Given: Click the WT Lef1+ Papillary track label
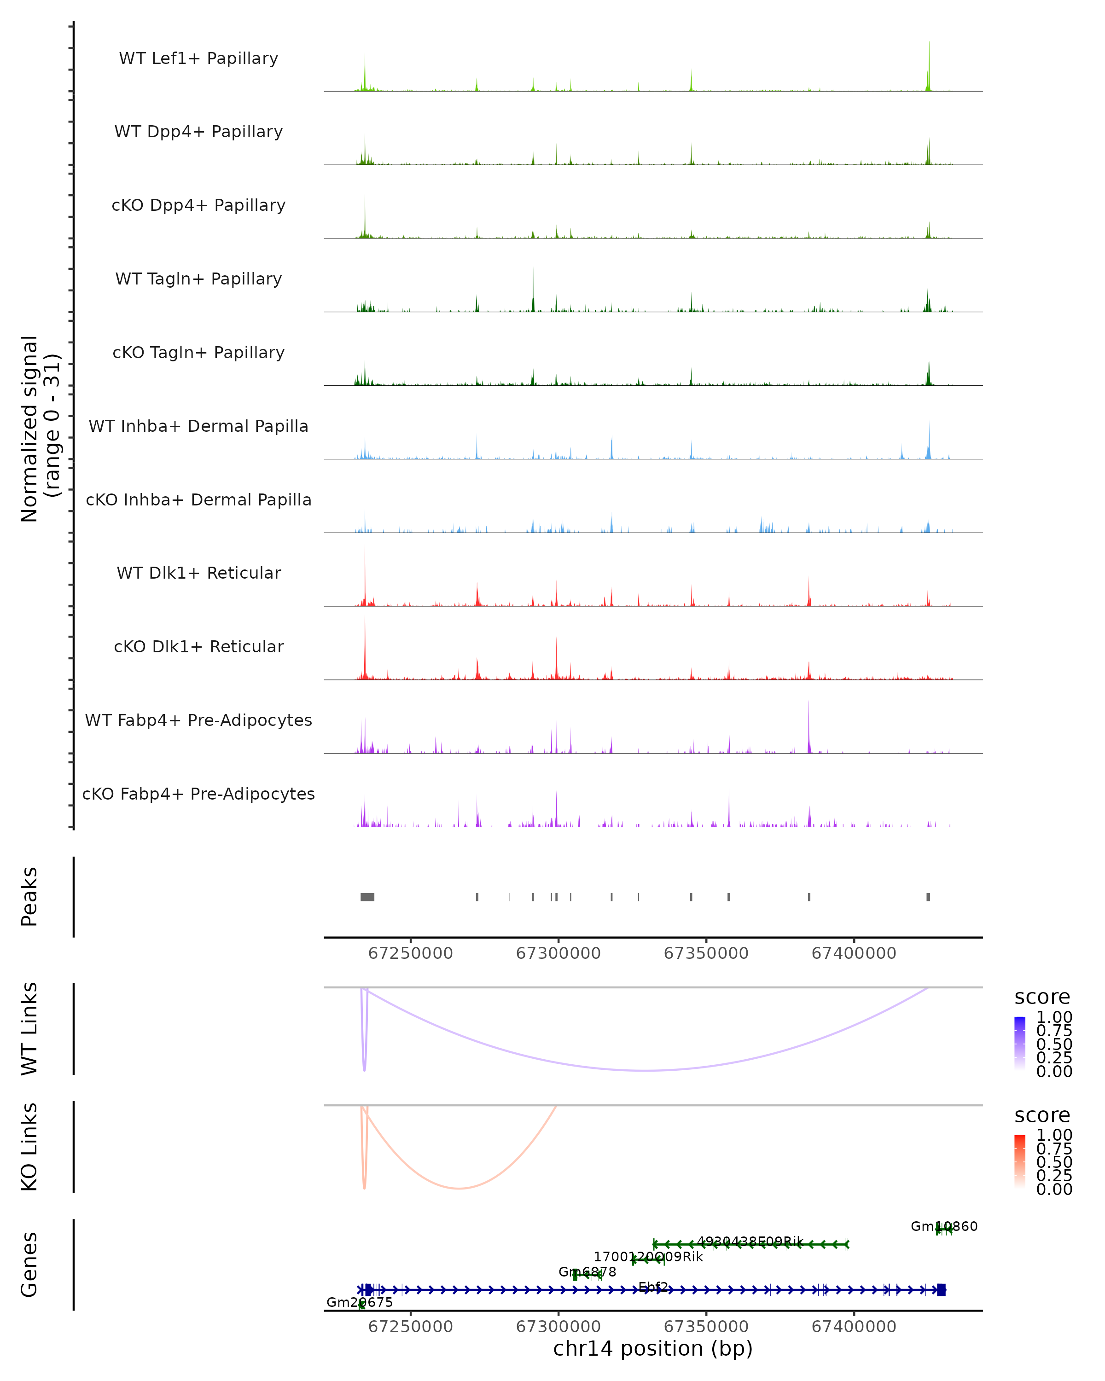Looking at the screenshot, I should coord(198,58).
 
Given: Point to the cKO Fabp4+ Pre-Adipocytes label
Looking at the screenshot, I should coord(198,794).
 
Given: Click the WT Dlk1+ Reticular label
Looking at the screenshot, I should coord(198,573).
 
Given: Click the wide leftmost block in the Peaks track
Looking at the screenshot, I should coord(367,897).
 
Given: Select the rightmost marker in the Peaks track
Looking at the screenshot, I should coord(928,897).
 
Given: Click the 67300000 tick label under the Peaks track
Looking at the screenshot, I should coord(558,953).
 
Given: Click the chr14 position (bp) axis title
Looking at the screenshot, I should coord(653,1349).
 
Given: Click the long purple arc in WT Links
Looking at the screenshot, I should coord(647,1070).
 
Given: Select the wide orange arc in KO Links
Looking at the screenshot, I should coord(459,1188).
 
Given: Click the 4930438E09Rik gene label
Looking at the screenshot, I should coord(750,1242).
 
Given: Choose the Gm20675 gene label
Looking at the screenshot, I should coord(360,1302).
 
